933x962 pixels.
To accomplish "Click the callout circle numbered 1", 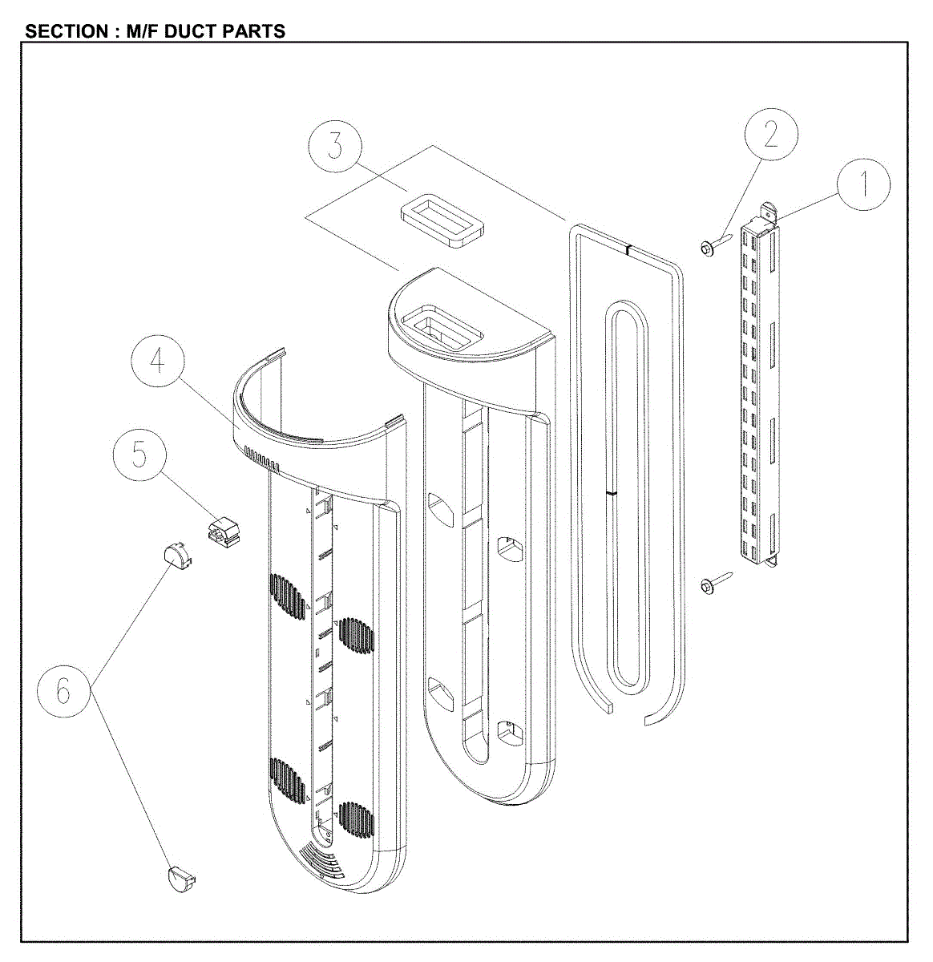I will (863, 184).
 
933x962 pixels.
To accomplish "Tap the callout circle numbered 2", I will (770, 135).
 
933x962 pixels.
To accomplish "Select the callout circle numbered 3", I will (335, 148).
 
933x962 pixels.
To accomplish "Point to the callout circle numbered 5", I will (139, 455).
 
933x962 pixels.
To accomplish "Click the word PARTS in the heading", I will (255, 31).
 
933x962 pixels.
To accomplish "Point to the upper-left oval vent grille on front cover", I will (288, 606).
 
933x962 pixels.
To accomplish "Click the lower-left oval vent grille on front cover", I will (288, 782).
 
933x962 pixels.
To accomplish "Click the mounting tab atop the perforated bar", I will (768, 215).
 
